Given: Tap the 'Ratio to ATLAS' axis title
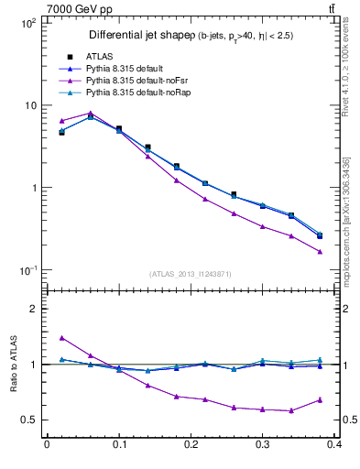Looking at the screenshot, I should click(12, 365).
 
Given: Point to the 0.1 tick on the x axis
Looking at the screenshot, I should click(119, 443).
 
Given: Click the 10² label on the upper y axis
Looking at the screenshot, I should click(27, 23).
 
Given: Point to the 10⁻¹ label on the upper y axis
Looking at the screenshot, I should click(27, 270).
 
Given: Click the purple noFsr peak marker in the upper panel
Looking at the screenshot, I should click(91, 114).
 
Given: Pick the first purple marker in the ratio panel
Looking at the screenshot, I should click(61, 337).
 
